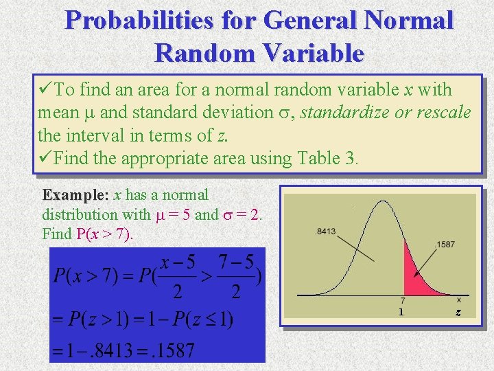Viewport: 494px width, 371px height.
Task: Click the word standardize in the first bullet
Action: coord(338,112)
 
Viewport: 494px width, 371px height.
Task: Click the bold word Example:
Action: coord(75,196)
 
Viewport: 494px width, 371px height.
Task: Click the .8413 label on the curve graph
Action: coord(325,232)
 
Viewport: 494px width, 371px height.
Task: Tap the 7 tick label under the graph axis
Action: coord(403,300)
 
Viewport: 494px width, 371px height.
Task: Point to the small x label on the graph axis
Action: coord(458,300)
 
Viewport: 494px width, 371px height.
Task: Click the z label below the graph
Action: coord(458,312)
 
